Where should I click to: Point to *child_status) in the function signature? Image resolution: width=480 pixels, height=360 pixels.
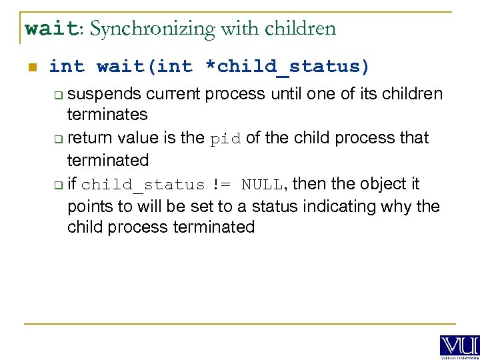(293, 67)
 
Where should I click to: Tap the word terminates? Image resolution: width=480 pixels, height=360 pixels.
(107, 115)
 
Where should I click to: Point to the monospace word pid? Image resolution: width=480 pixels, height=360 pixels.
(227, 139)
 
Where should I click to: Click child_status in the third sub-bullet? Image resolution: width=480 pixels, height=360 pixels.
(143, 185)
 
